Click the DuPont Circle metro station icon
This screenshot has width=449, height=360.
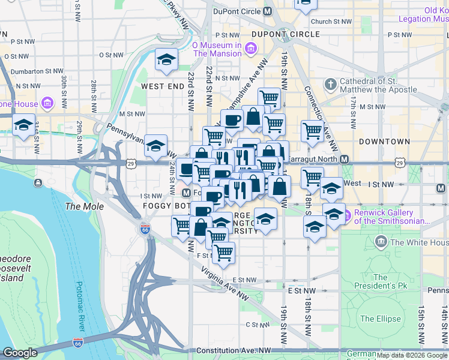coord(268,11)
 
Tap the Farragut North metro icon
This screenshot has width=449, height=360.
coord(345,159)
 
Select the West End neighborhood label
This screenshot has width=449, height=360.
coord(163,86)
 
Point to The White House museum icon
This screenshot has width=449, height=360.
coord(381,242)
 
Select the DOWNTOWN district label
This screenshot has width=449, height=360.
coord(384,142)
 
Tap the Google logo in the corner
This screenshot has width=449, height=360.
coord(20,353)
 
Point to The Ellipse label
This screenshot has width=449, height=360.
coord(381,319)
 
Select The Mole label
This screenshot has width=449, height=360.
coord(85,206)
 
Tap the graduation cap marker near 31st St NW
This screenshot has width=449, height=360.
coord(24,125)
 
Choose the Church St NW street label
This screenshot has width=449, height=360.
coord(331,22)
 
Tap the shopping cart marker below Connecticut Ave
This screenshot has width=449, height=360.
coord(312,130)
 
